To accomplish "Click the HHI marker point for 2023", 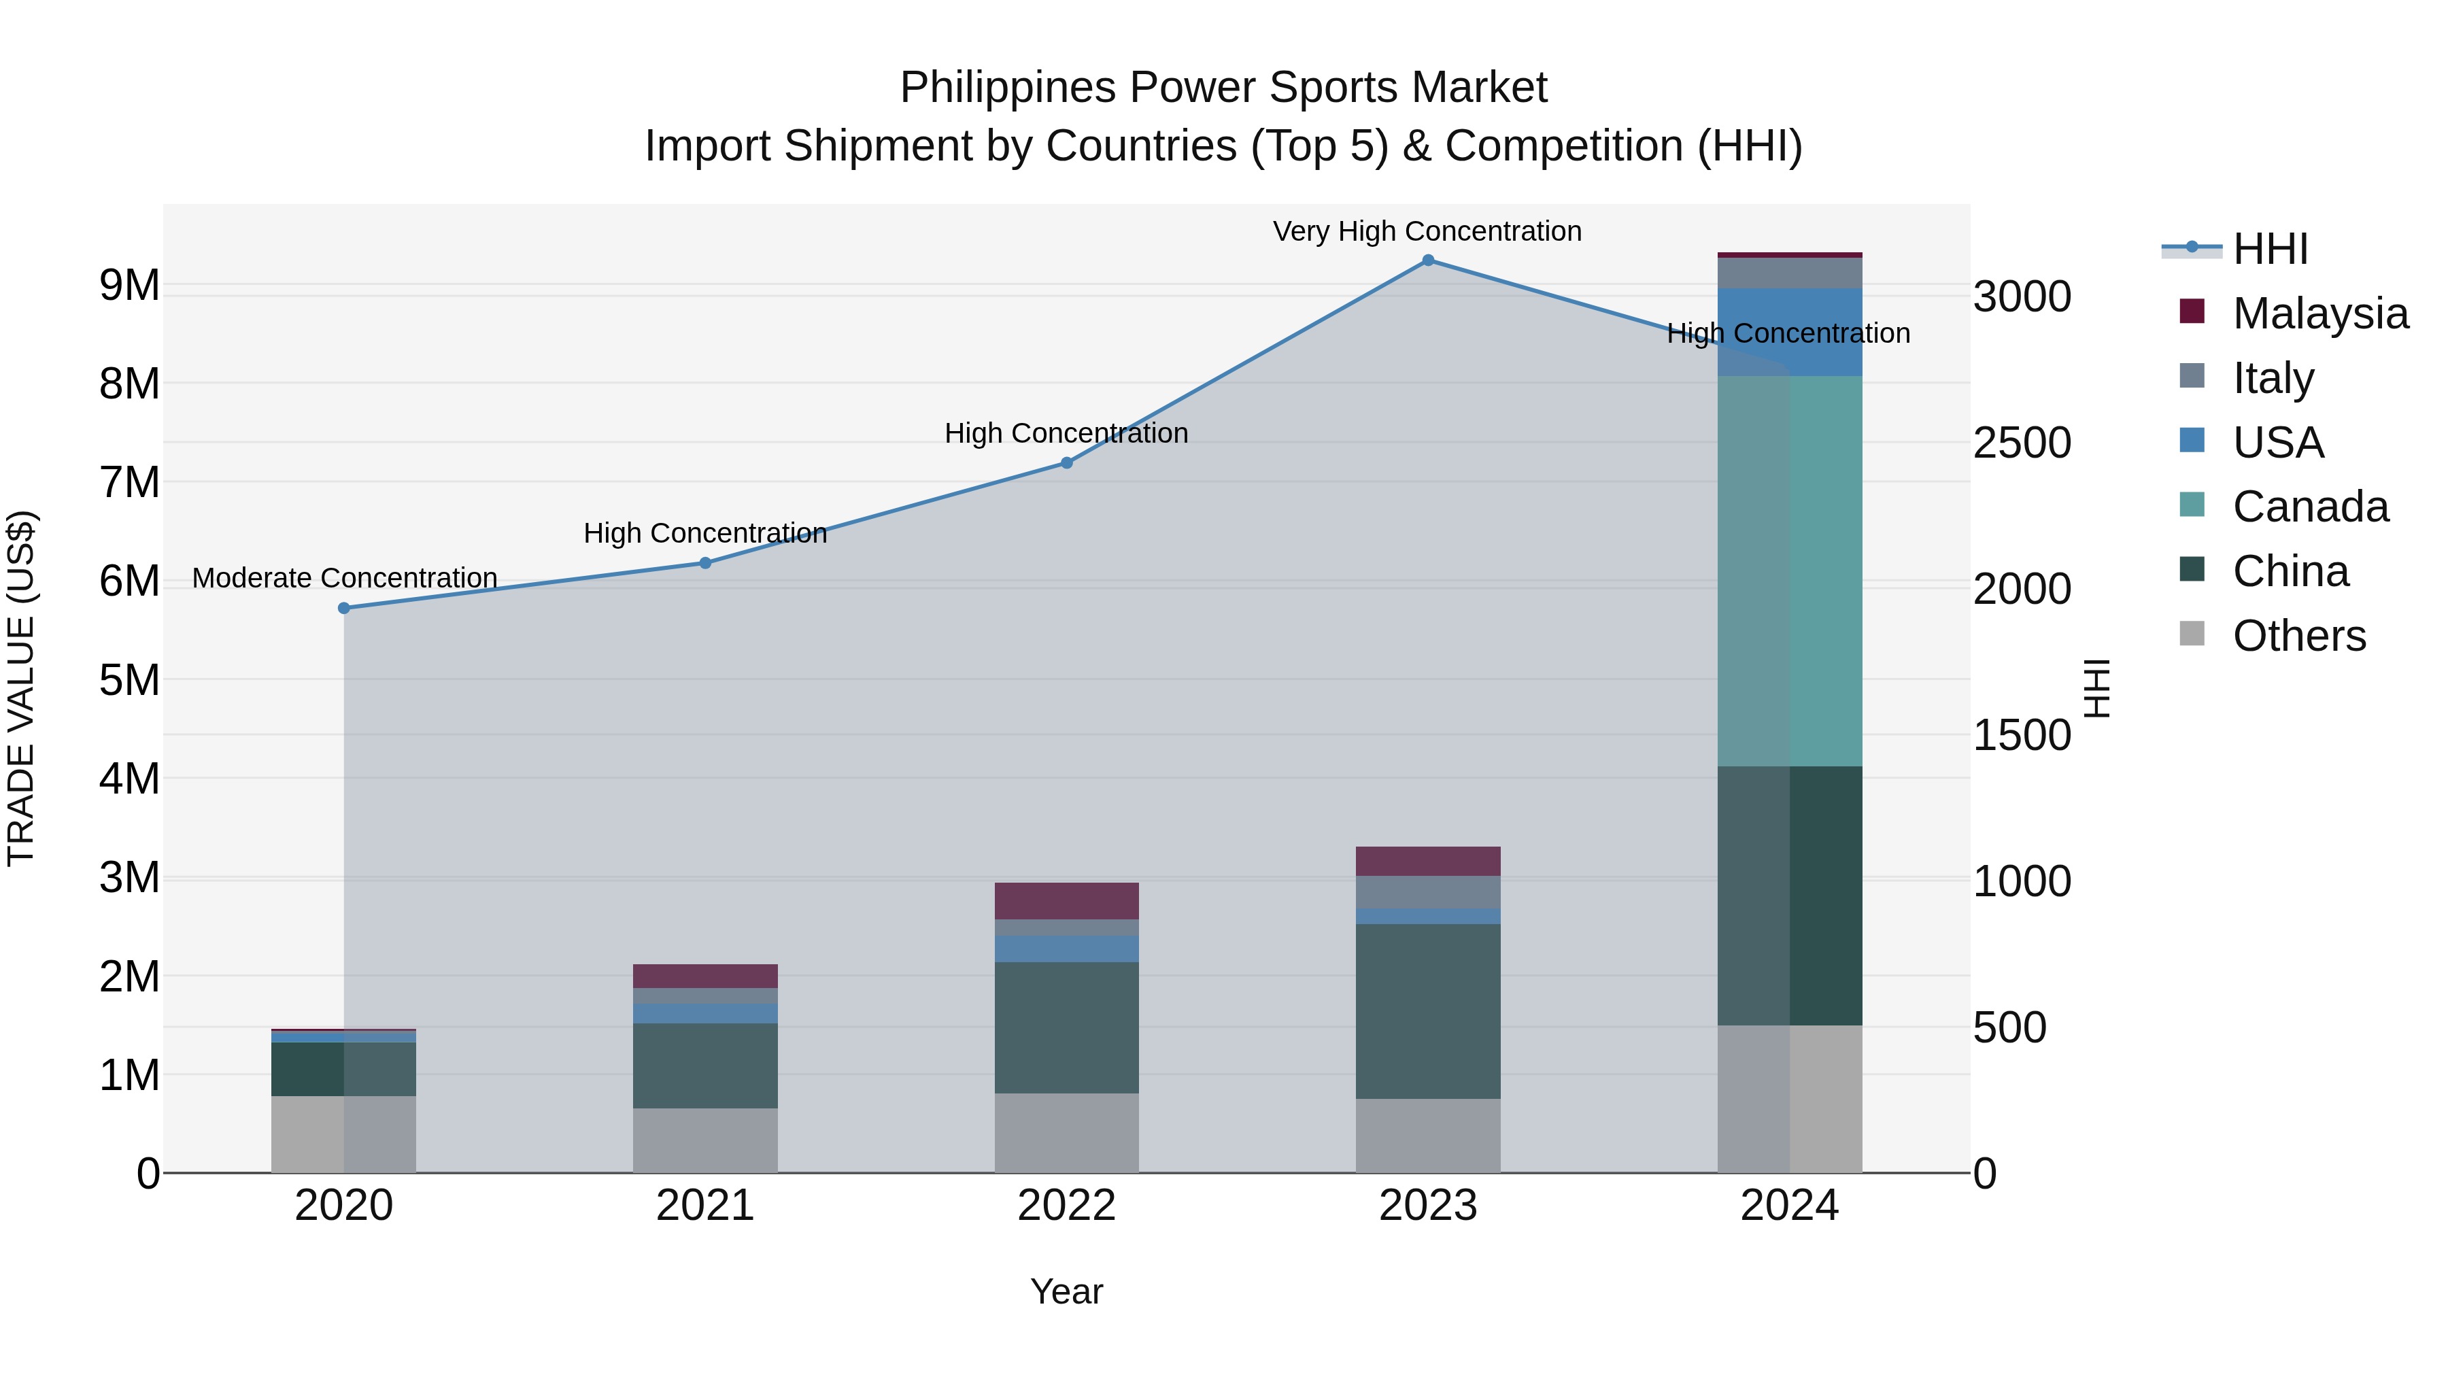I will point(1427,260).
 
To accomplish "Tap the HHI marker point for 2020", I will point(344,608).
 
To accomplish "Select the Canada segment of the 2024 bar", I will point(1790,571).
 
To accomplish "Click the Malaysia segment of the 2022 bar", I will point(1066,901).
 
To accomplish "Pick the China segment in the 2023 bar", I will point(1427,1011).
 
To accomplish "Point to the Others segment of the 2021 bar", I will point(705,1140).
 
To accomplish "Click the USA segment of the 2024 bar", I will point(1790,332).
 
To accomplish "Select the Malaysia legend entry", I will point(2319,313).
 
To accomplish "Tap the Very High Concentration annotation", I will point(1427,231).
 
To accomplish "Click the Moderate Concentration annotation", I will point(344,578).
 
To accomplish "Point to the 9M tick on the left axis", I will point(129,285).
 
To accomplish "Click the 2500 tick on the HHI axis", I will point(2022,443).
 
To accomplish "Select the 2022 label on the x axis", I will point(1066,1206).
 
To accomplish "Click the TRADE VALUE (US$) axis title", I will point(21,688).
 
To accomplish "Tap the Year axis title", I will point(1066,1291).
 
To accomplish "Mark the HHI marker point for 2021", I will point(705,562).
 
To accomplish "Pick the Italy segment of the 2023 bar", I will point(1427,891).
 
